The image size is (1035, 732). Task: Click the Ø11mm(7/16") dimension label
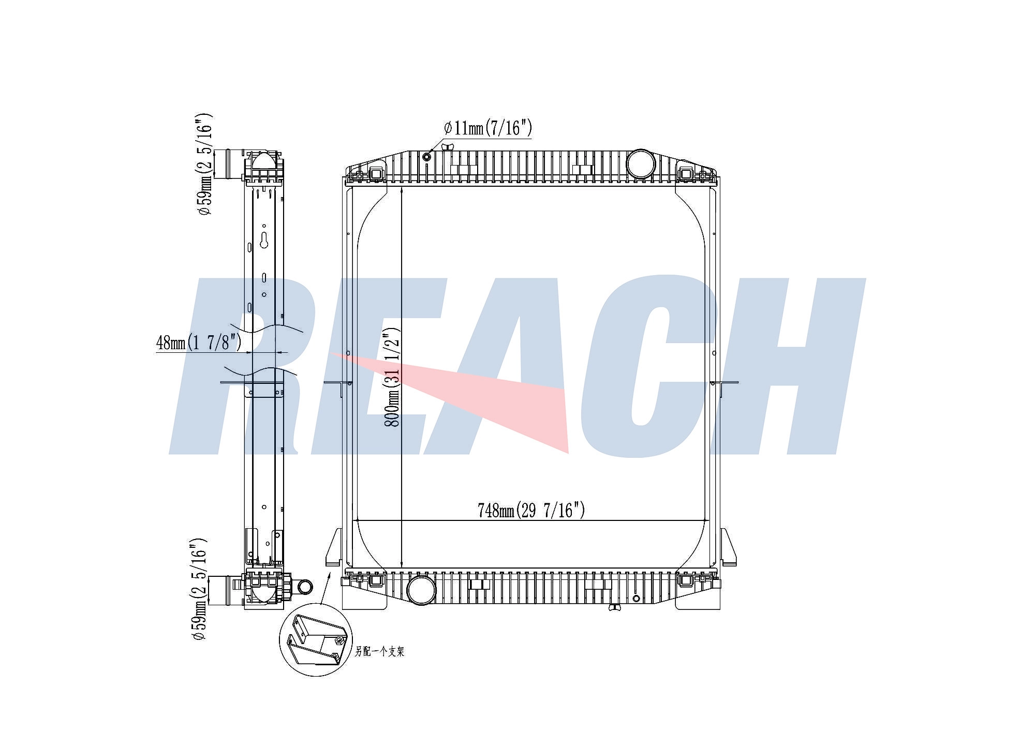tap(488, 127)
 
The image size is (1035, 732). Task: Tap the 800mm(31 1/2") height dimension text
tap(392, 377)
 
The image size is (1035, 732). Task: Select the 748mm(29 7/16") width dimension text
tap(531, 511)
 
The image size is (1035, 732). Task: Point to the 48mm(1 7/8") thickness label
tap(199, 342)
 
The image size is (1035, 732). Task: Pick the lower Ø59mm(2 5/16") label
tap(200, 589)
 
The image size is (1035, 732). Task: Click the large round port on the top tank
tap(641, 164)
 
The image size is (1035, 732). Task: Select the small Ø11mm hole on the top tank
tap(427, 156)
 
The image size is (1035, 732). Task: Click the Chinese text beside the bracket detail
tap(379, 651)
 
